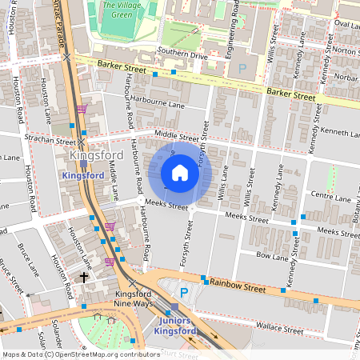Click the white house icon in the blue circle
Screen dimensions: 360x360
pyautogui.click(x=180, y=172)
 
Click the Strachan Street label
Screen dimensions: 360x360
pyautogui.click(x=49, y=140)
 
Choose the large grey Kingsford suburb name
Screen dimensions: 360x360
pyautogui.click(x=96, y=155)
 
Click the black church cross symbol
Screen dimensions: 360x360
pyautogui.click(x=84, y=278)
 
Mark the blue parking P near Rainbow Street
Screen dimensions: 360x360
pyautogui.click(x=183, y=294)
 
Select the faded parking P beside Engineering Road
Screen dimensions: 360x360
pyautogui.click(x=243, y=70)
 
